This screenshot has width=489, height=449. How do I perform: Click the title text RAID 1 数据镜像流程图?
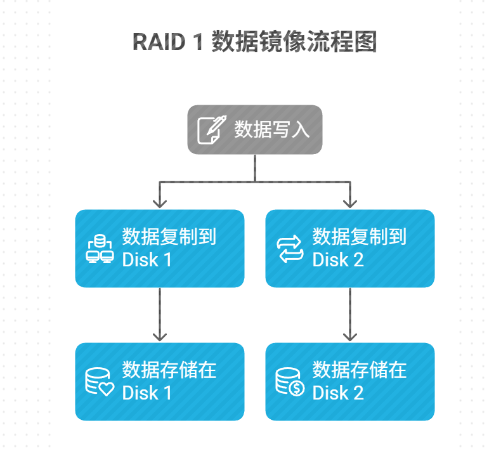pyautogui.click(x=254, y=42)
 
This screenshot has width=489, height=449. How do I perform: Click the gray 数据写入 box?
pyautogui.click(x=254, y=129)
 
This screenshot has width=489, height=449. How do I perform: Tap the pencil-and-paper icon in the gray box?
pyautogui.click(x=210, y=129)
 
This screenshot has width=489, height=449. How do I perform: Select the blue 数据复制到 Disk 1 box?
pyautogui.click(x=160, y=248)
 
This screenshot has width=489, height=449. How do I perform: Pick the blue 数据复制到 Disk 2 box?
pyautogui.click(x=350, y=248)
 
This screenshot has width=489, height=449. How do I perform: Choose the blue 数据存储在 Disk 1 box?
pyautogui.click(x=160, y=381)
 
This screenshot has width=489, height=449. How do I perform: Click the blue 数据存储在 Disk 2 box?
pyautogui.click(x=350, y=381)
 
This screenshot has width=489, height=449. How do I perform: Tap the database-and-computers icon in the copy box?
pyautogui.click(x=100, y=249)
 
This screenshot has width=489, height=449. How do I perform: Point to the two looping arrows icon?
pyautogui.click(x=290, y=249)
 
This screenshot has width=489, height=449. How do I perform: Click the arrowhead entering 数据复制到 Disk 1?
pyautogui.click(x=160, y=203)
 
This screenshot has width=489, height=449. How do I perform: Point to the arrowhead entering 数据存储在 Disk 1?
pyautogui.click(x=160, y=336)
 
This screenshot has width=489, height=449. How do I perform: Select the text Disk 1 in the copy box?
pyautogui.click(x=147, y=259)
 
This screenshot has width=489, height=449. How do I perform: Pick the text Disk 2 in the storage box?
pyautogui.click(x=338, y=393)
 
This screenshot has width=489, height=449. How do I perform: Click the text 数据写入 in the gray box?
pyautogui.click(x=272, y=129)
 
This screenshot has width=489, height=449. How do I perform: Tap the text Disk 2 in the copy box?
pyautogui.click(x=338, y=259)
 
